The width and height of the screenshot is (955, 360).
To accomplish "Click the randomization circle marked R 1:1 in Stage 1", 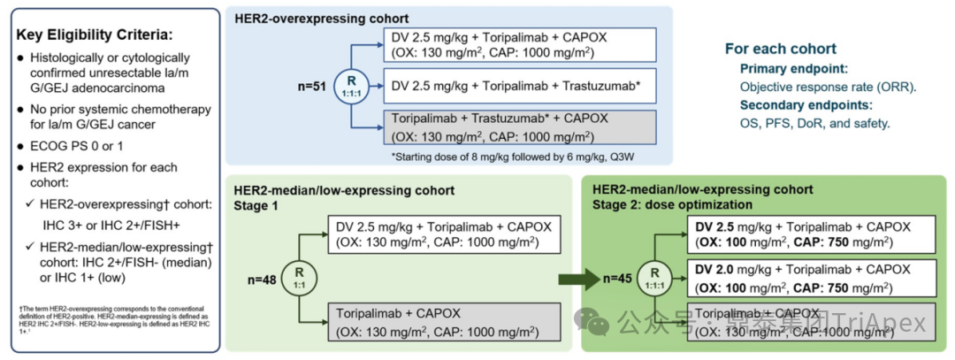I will (x=298, y=276).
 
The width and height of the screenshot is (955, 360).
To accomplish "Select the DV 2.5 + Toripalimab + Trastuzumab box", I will (x=518, y=87).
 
